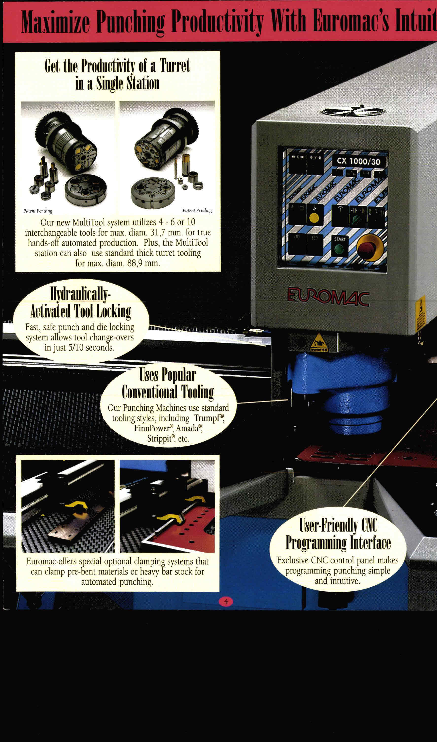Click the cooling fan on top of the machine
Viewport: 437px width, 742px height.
[353, 112]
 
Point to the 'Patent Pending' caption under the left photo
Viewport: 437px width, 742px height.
[38, 211]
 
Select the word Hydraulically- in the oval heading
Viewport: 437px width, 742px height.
[80, 294]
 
